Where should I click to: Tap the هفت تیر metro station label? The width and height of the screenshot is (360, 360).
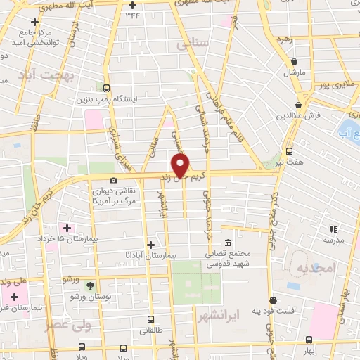(290, 162)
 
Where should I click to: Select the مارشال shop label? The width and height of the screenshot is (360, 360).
(293, 72)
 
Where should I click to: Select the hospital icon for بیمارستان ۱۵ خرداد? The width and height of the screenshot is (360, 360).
(67, 228)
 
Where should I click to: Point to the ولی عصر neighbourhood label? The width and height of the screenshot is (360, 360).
(68, 326)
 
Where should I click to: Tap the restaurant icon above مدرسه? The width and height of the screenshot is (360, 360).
(333, 229)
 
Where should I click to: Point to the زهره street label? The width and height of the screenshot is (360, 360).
(285, 39)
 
